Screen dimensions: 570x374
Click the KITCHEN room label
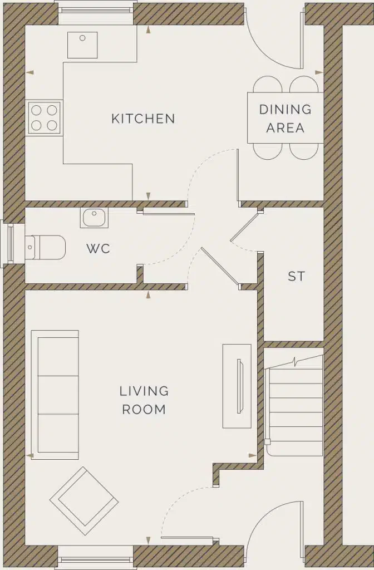tap(143, 119)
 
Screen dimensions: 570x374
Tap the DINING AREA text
tap(285, 118)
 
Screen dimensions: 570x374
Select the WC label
tap(98, 248)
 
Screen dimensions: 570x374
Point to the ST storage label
tap(296, 276)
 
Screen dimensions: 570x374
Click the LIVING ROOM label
tap(144, 400)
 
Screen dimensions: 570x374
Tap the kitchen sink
tap(82, 45)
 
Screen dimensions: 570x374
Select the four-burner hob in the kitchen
tap(45, 117)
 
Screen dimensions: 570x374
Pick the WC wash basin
tap(94, 217)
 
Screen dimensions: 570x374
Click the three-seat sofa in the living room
tap(55, 395)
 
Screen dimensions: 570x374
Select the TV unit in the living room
tap(237, 386)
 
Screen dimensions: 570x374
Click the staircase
tap(295, 405)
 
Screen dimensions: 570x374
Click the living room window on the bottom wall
tap(96, 558)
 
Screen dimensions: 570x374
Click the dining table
tap(285, 117)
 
